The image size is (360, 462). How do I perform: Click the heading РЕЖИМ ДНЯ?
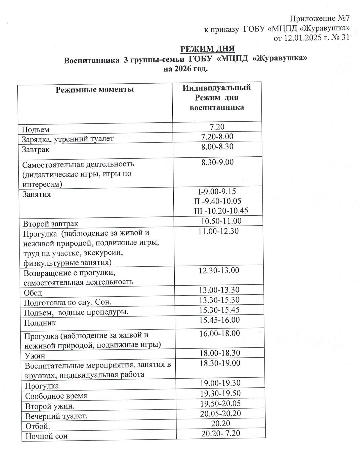coord(207,49)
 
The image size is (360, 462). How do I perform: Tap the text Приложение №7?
coord(319,18)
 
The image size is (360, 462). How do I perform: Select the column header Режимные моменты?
coord(95,89)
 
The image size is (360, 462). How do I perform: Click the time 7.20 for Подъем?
coord(217,126)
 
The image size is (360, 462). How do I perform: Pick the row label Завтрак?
coord(36,149)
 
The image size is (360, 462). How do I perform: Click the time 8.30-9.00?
coord(217,162)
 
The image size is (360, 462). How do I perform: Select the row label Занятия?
coord(37,194)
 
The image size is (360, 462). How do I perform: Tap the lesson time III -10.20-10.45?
coord(221,211)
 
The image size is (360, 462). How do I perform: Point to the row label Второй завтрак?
coord(51,224)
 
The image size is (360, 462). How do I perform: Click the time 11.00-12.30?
coord(218,231)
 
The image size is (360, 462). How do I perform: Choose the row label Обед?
coord(33,293)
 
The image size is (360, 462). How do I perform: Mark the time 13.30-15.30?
coord(219,300)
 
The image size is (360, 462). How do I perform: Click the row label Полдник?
coord(40,323)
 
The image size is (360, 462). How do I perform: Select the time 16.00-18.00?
coord(219,333)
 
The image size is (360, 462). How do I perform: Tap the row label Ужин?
coord(35,356)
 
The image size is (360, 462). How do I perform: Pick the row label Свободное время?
coord(56,396)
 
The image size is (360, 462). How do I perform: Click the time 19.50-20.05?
coord(220,403)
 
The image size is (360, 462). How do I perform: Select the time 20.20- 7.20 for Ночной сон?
coord(221,433)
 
